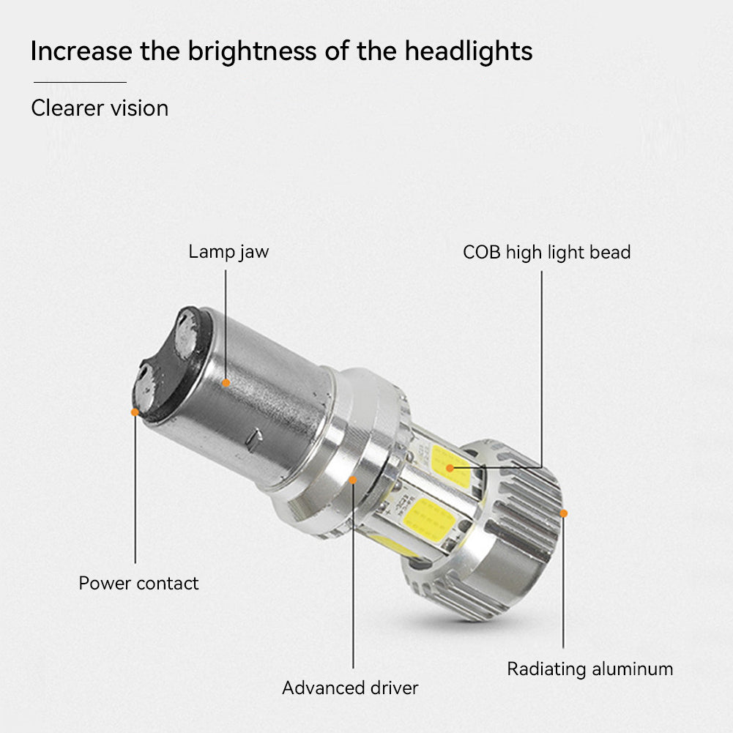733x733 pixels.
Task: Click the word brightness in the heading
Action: click(x=253, y=51)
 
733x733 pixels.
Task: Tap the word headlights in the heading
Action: click(x=469, y=51)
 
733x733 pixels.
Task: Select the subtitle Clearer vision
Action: click(x=100, y=108)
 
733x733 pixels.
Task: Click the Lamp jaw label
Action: click(x=228, y=252)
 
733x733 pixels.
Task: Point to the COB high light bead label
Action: click(x=546, y=253)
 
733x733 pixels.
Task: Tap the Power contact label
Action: click(x=138, y=583)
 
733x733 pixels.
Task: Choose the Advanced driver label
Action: click(x=350, y=688)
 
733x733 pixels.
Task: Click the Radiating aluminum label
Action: click(x=590, y=669)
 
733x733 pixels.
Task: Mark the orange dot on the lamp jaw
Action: click(x=226, y=383)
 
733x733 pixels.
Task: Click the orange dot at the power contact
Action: click(x=135, y=412)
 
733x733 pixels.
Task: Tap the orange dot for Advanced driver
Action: click(x=353, y=480)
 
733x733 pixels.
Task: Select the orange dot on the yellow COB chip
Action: click(x=450, y=468)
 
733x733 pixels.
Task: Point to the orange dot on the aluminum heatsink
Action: click(x=564, y=513)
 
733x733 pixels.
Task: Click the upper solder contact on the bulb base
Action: click(x=186, y=334)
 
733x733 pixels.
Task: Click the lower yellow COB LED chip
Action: click(x=428, y=519)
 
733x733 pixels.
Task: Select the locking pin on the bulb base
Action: click(x=254, y=439)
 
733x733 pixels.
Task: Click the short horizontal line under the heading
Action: click(x=80, y=82)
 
